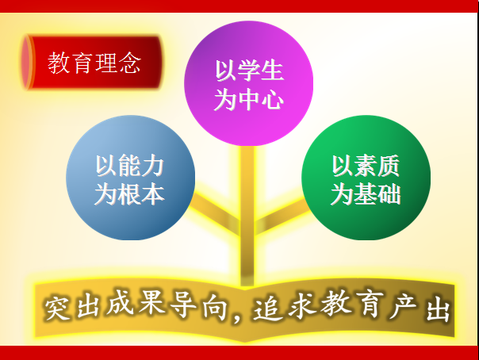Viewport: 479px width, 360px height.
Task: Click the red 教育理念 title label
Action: tap(92, 63)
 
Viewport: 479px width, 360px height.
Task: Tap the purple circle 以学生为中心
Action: tap(249, 83)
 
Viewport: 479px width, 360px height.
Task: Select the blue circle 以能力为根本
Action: tap(130, 178)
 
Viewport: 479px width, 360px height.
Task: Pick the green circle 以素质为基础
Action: tap(366, 178)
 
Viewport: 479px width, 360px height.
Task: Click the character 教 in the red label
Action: tap(59, 63)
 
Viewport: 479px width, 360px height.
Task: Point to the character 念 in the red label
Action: tap(130, 63)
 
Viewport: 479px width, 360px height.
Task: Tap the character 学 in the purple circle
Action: tap(249, 71)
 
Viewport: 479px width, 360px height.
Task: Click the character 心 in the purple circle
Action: tap(273, 99)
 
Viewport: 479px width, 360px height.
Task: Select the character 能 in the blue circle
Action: tap(130, 166)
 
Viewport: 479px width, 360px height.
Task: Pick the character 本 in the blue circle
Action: tap(153, 194)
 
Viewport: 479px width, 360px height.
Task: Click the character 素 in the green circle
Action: tap(366, 166)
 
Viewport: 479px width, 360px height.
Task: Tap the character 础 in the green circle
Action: tap(389, 194)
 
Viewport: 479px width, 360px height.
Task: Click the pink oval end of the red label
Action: tap(26, 63)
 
